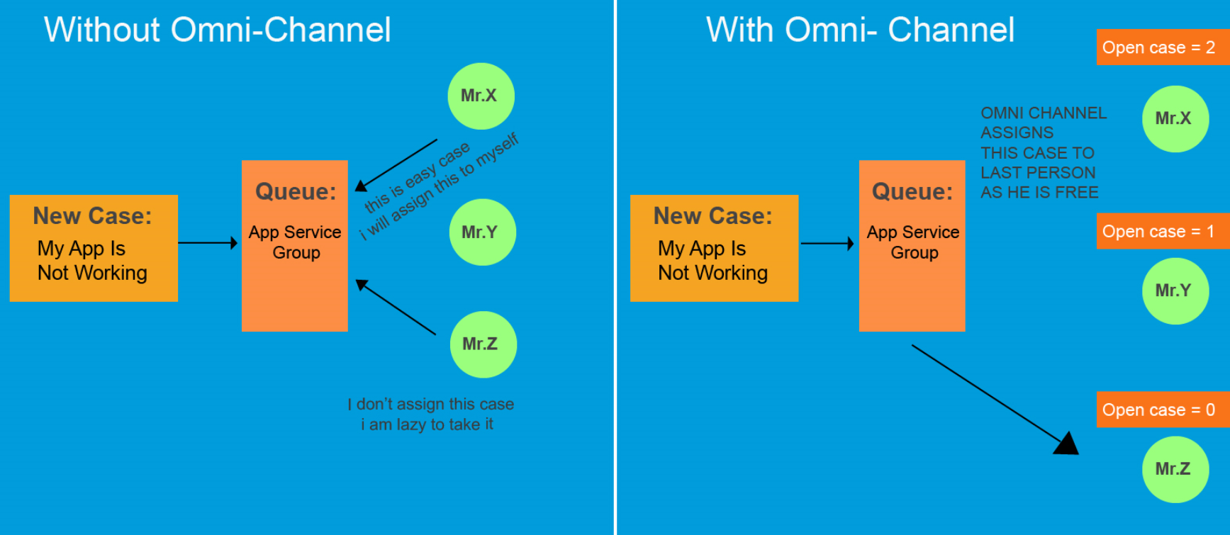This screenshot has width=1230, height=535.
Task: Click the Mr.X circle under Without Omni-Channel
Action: click(x=481, y=96)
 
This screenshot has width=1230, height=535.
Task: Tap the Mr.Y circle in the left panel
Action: click(x=482, y=232)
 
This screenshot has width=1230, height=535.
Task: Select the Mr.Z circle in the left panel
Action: click(x=483, y=344)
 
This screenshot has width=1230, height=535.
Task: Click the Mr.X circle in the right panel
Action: click(x=1175, y=118)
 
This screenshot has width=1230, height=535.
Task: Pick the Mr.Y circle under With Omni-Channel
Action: click(x=1175, y=291)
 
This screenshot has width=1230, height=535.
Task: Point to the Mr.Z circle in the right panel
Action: click(x=1175, y=469)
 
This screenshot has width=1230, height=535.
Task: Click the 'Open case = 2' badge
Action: click(x=1161, y=47)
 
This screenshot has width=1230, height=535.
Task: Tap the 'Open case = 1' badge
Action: click(x=1161, y=231)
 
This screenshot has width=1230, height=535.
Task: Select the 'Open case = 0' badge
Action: click(x=1161, y=410)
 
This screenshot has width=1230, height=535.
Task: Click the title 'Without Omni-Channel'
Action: click(x=217, y=30)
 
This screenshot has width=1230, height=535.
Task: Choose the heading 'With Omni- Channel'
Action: click(x=859, y=30)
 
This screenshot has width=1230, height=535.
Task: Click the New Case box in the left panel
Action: click(x=94, y=247)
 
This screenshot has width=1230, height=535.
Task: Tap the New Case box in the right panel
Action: click(x=714, y=247)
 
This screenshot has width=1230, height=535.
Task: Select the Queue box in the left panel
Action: click(x=295, y=245)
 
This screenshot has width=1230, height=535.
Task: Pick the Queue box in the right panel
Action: click(x=912, y=245)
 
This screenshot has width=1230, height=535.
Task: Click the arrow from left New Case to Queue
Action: click(x=207, y=243)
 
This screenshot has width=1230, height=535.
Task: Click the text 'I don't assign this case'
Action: click(x=430, y=404)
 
